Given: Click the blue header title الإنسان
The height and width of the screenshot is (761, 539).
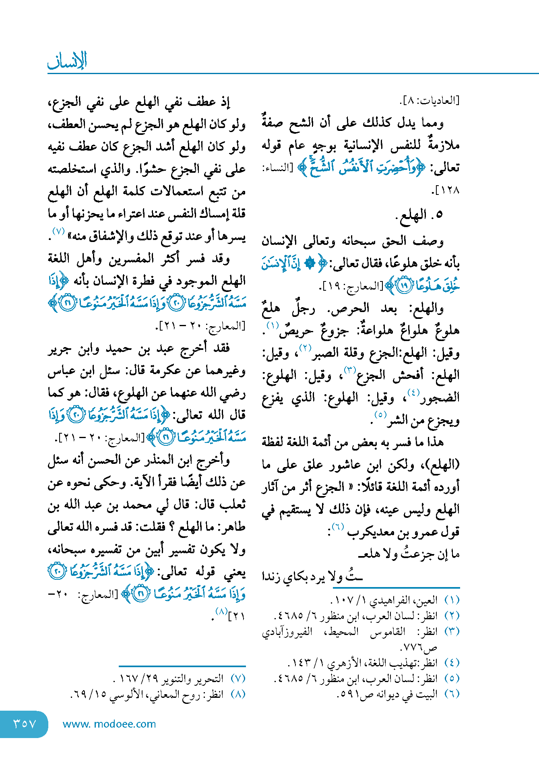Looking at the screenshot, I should coord(67,61).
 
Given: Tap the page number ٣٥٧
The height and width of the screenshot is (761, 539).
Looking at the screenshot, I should coord(25,724).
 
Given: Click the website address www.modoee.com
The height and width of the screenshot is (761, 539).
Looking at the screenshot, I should coord(109,724).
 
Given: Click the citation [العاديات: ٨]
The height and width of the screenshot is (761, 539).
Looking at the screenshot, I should coord(429,101).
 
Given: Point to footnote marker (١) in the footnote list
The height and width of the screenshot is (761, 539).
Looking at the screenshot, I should coord(452,600).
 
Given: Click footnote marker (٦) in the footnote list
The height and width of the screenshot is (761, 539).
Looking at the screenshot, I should coord(452,694).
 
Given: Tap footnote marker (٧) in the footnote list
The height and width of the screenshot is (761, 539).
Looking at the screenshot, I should coord(238,678).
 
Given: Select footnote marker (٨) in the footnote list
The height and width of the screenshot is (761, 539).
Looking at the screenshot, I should coord(238,694).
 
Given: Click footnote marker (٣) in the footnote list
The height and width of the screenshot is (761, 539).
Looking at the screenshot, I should coord(452,631).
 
